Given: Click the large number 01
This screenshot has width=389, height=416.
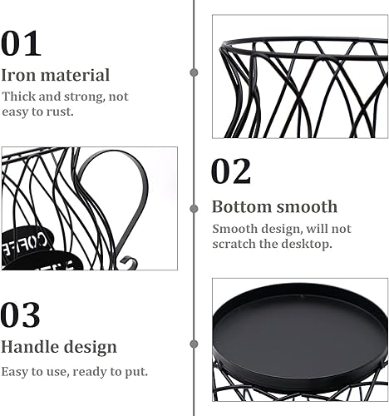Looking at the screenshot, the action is [x=21, y=43].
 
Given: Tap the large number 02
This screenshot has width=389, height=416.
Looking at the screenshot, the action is [x=231, y=171].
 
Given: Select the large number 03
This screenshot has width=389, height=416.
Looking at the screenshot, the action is [x=21, y=314].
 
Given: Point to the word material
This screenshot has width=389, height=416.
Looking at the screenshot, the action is [x=75, y=75].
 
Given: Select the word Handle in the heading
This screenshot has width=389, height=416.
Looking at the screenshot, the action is [x=30, y=347].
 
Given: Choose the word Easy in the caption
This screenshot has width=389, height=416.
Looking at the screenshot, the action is [x=14, y=372].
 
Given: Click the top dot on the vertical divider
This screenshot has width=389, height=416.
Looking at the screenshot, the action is [x=194, y=72].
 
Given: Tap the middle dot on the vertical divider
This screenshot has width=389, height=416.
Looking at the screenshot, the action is [x=194, y=209].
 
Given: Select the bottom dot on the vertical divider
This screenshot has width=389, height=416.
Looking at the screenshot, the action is [x=194, y=344].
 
